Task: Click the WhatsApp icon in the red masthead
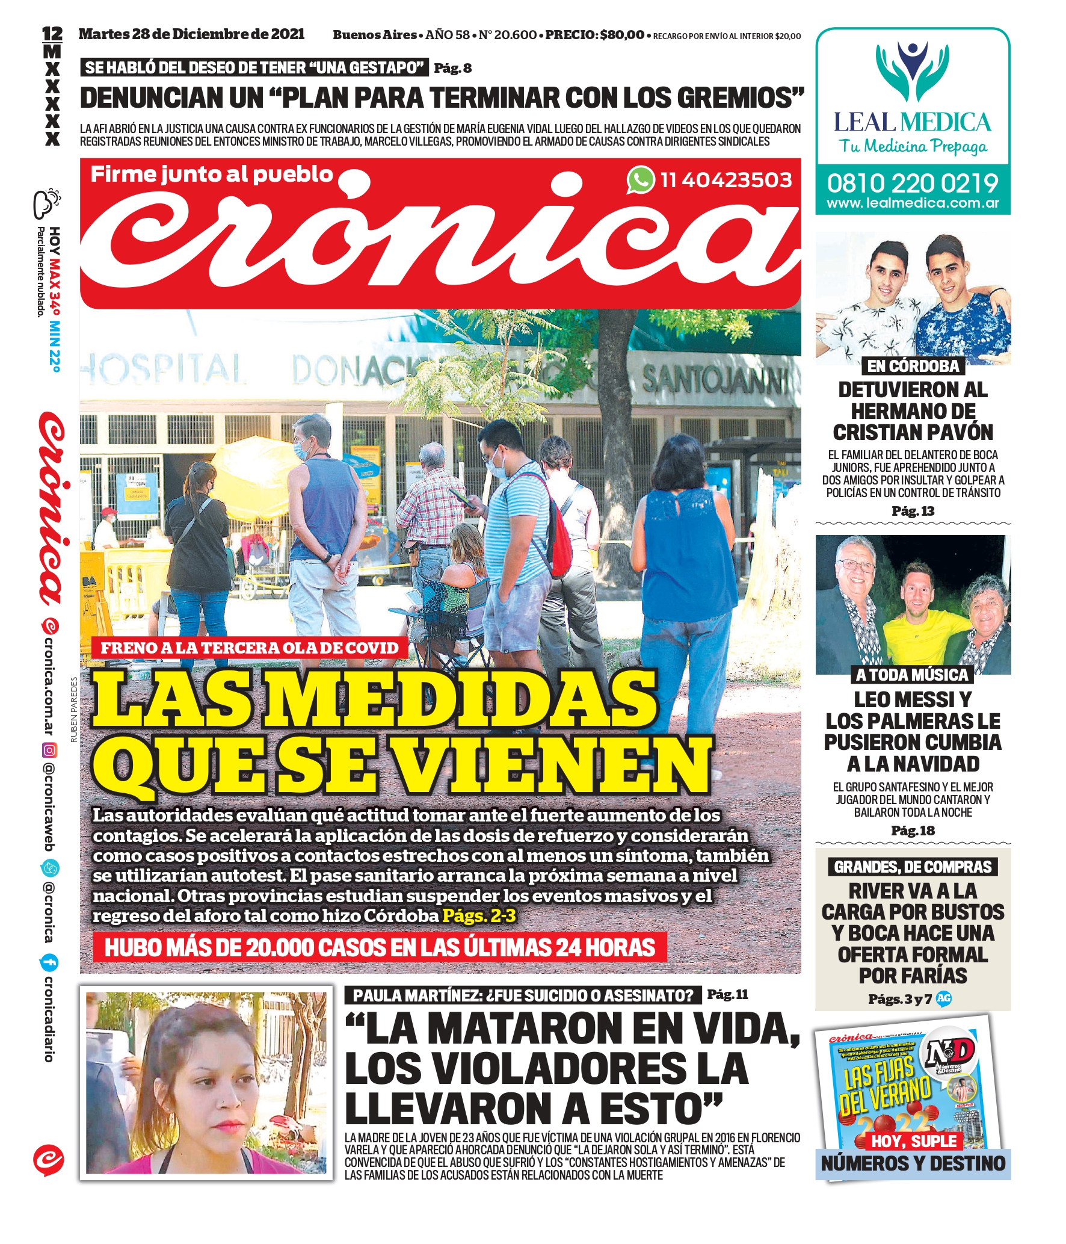641,179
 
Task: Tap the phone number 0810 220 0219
912,183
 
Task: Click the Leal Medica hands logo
912,73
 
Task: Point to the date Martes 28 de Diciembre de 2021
191,34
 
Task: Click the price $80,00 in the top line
621,35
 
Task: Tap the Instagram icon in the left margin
50,750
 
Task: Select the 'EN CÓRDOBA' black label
913,366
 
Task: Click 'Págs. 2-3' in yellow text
479,915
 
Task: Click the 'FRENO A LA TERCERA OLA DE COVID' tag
250,648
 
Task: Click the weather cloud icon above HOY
47,203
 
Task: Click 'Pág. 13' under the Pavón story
913,511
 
